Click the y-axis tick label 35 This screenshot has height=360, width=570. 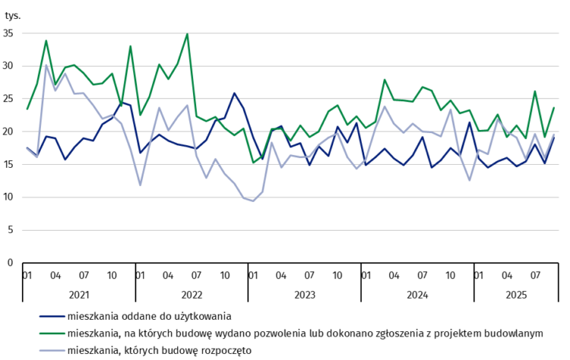tap(8, 33)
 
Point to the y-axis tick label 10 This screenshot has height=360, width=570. tap(8, 197)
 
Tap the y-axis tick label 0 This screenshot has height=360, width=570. tap(11, 263)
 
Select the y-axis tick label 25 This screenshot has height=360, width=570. tap(8, 99)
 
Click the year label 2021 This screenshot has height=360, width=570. tap(79, 293)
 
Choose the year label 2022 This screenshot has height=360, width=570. tap(192, 293)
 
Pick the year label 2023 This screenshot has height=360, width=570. tap(304, 293)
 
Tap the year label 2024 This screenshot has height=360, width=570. tap(417, 293)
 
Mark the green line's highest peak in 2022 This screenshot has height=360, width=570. tap(187, 34)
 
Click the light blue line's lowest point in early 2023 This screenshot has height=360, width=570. tap(253, 201)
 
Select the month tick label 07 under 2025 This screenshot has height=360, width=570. tap(536, 275)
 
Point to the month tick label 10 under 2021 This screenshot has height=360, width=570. tap(111, 275)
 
